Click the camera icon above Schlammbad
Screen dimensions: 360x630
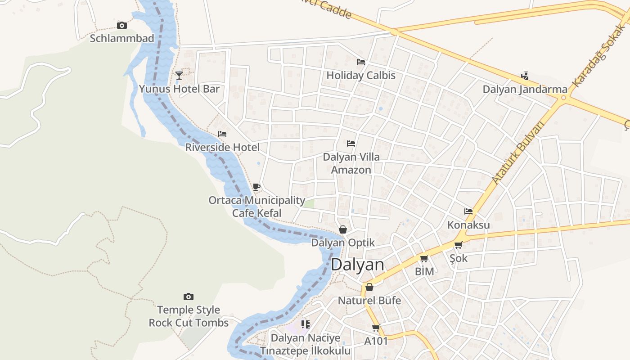[121, 25]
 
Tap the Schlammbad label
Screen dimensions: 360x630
[122, 38]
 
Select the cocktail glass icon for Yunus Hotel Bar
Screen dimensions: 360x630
[179, 75]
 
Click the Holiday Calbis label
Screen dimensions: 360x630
[361, 75]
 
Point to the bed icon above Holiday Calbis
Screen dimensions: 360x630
[361, 62]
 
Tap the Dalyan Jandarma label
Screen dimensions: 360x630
[525, 89]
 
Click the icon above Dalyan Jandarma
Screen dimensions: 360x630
[525, 76]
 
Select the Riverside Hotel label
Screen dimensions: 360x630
[222, 147]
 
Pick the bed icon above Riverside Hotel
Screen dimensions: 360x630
[222, 134]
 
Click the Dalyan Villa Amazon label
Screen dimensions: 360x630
[351, 163]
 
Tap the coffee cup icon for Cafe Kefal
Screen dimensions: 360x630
[256, 187]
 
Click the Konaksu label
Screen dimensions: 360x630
[468, 225]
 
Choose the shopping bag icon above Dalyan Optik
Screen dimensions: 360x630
[343, 229]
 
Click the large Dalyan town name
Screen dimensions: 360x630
[358, 265]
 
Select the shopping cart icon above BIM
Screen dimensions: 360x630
[424, 259]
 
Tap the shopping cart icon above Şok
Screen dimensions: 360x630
[458, 245]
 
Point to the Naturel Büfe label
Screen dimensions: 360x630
[369, 300]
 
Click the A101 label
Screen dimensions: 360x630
[376, 341]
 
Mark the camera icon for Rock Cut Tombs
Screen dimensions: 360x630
[189, 297]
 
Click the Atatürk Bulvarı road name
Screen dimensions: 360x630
[518, 153]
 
